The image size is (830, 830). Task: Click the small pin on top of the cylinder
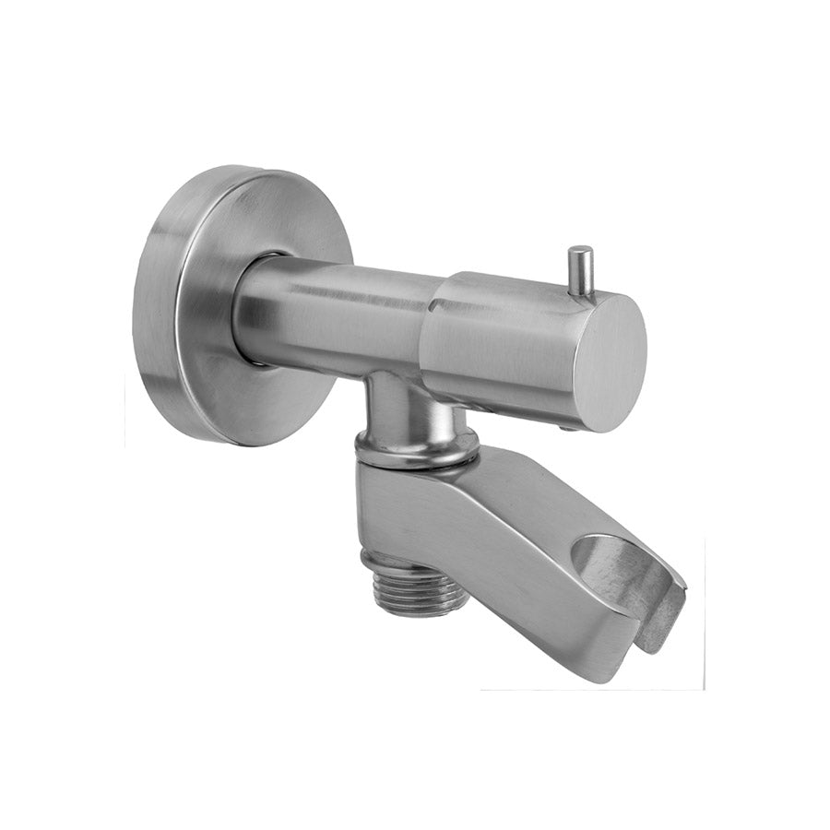click(x=579, y=269)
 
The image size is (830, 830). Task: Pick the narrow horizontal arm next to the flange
click(x=332, y=309)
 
